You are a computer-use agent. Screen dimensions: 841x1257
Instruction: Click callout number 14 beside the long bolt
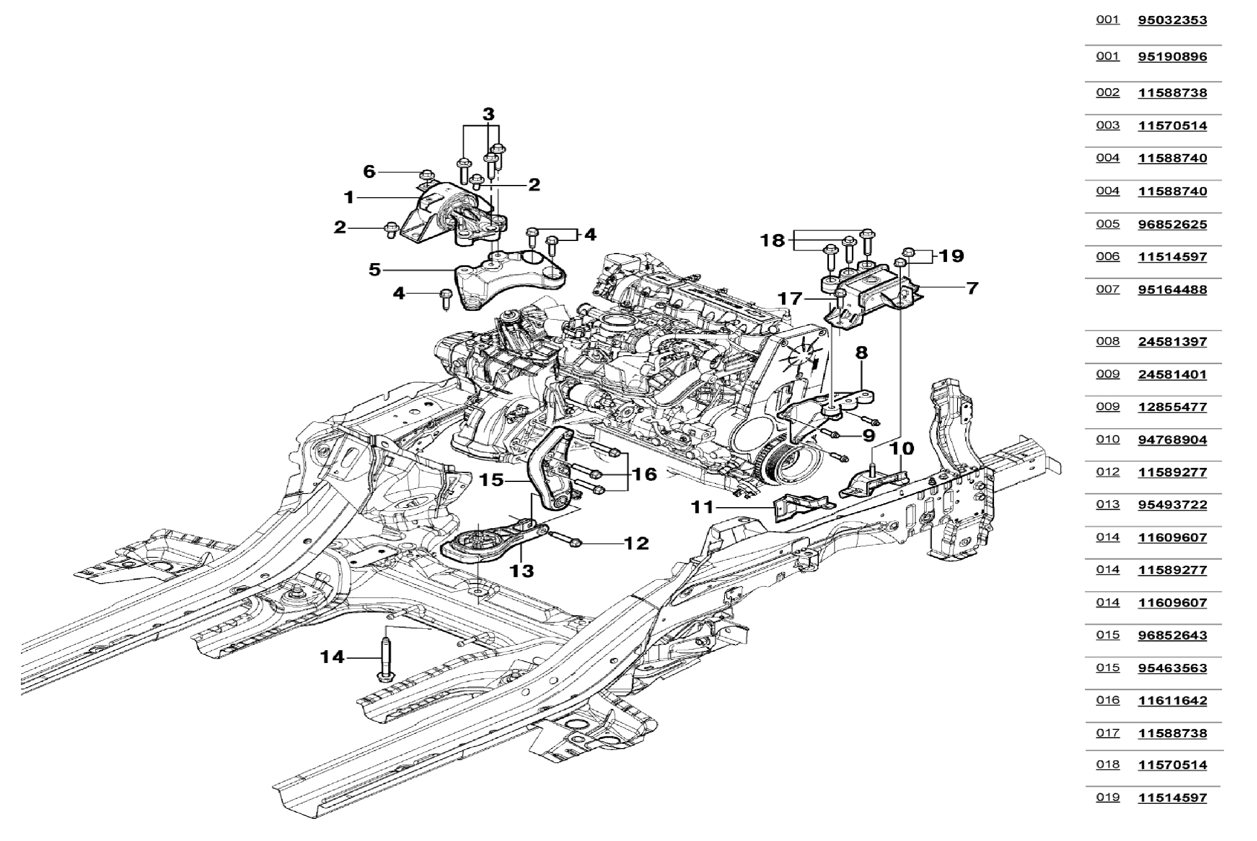coord(332,657)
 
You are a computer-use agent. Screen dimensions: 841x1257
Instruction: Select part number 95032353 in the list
coord(1172,20)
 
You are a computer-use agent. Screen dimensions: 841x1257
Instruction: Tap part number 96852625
coord(1172,224)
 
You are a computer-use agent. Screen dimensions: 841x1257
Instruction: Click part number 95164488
coord(1172,290)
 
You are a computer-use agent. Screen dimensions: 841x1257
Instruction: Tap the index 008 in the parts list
coord(1107,341)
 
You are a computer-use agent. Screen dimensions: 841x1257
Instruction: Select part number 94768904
coord(1172,440)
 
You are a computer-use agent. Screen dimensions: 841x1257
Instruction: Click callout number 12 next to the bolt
coord(636,543)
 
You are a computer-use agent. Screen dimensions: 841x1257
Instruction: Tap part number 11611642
coord(1172,700)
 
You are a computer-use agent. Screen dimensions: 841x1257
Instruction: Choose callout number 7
coord(972,288)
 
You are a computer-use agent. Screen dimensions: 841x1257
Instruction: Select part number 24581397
coord(1172,342)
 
